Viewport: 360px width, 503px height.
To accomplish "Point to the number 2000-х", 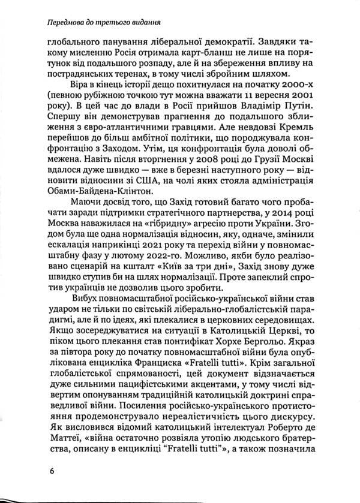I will coord(303,86).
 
